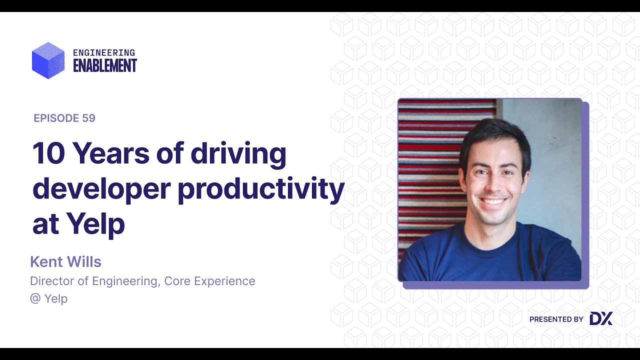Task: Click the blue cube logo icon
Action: (x=48, y=60)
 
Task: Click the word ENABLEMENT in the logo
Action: (x=104, y=65)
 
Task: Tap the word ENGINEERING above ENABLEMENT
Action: (x=104, y=52)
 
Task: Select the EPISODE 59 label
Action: (x=64, y=118)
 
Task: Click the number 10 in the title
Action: (x=48, y=153)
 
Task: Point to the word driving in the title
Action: (x=238, y=153)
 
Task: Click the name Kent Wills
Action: (x=65, y=261)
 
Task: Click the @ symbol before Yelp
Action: (x=35, y=298)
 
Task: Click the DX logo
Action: (x=600, y=319)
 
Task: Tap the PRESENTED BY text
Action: (x=556, y=319)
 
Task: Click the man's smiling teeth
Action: (x=493, y=201)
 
